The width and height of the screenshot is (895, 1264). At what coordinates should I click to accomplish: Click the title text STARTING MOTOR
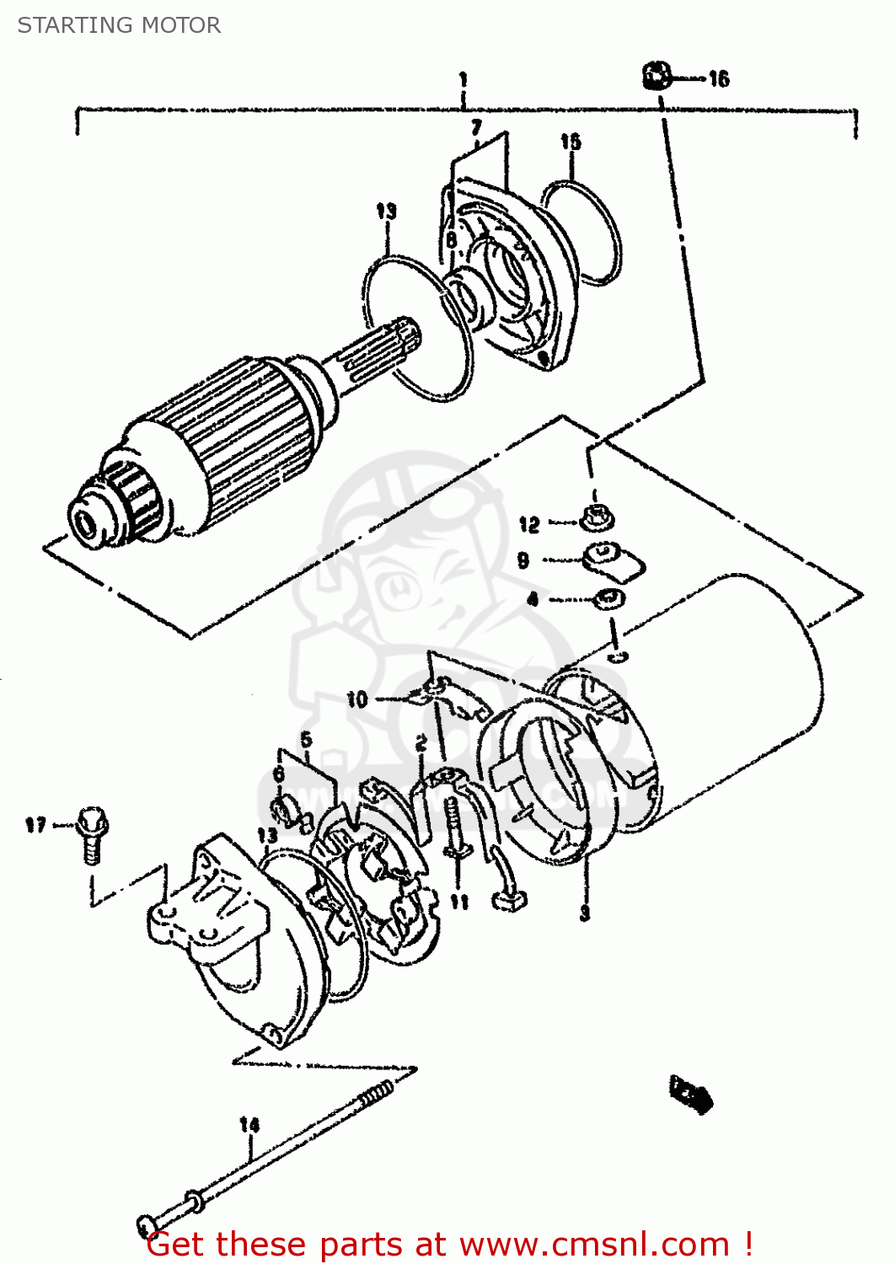[119, 25]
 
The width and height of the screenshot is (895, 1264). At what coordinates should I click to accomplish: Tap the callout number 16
[718, 79]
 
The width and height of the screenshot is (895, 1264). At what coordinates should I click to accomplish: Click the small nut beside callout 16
[657, 76]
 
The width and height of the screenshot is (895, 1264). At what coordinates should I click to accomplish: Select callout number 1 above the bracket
[463, 80]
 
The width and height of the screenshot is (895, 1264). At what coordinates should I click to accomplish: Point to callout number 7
[476, 127]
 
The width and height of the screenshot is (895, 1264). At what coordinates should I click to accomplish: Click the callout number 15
[571, 141]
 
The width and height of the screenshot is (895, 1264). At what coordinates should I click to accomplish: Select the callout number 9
[523, 560]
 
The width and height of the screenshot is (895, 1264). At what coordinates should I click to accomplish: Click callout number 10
[357, 699]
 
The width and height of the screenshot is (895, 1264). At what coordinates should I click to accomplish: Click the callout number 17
[35, 824]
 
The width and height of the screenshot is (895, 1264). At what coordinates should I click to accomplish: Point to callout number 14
[249, 1124]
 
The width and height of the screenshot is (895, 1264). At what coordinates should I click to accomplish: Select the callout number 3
[585, 913]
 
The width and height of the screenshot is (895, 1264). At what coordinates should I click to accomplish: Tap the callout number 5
[306, 739]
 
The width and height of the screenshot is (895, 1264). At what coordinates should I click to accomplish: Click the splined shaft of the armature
[375, 354]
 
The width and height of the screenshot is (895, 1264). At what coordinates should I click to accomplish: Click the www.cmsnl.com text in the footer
[594, 1244]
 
